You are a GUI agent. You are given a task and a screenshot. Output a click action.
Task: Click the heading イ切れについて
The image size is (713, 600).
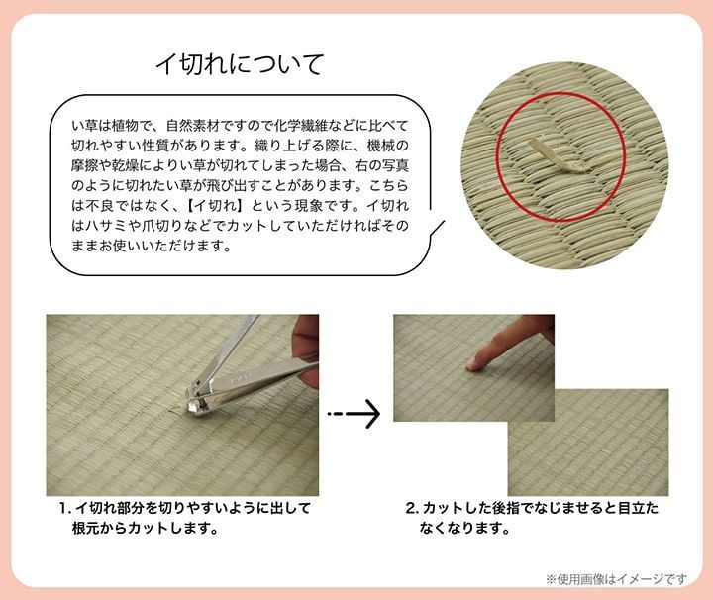tap(241, 65)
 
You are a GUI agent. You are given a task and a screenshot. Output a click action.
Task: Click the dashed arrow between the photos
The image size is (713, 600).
tap(354, 413)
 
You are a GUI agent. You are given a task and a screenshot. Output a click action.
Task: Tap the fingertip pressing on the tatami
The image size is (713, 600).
tap(474, 363)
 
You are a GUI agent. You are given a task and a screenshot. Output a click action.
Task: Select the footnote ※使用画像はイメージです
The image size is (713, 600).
tap(615, 578)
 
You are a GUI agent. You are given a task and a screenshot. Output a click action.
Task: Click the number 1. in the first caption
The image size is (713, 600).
tap(65, 508)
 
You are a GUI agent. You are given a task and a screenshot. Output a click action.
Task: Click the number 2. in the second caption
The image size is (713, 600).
tap(413, 508)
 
